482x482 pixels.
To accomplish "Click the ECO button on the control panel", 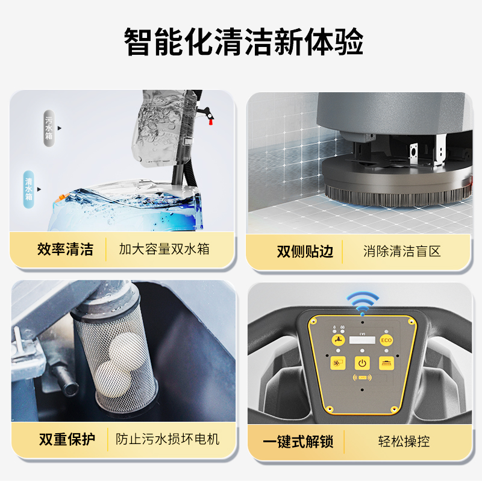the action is point(386,340).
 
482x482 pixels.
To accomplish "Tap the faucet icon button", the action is point(338,340).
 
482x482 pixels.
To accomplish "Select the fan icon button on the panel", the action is point(338,363).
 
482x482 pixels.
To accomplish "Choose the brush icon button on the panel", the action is point(386,363).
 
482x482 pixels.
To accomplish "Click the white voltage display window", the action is point(362,340).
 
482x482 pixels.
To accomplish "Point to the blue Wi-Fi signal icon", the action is point(363,303).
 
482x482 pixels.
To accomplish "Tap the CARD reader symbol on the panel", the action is point(362,378).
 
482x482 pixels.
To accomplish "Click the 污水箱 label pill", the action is point(49,128).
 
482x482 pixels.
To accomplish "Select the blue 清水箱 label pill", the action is point(28,189).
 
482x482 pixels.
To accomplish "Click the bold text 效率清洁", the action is point(65,249).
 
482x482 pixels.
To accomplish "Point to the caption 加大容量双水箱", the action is point(164,249).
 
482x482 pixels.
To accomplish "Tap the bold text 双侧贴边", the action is point(305,251).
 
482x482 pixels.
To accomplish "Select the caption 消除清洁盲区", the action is point(402,251).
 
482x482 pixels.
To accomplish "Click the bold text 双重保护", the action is point(67,439).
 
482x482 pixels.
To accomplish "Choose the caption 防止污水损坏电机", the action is point(167,439).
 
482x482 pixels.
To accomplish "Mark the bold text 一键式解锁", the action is point(298,442).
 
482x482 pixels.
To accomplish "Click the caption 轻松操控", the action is point(404,442).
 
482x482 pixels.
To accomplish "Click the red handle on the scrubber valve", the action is point(211,122).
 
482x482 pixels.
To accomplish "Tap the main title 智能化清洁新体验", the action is point(243,42).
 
